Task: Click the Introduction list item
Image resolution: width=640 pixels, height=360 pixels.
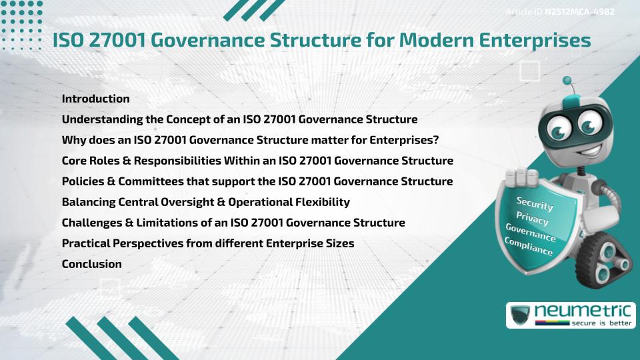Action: (x=95, y=99)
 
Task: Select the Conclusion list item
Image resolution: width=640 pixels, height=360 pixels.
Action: (x=91, y=264)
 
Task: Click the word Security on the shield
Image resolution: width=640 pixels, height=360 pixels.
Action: (x=534, y=204)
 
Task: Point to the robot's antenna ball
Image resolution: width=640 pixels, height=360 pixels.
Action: (x=567, y=81)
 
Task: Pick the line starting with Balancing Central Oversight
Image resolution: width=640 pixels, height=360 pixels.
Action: (x=205, y=202)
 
